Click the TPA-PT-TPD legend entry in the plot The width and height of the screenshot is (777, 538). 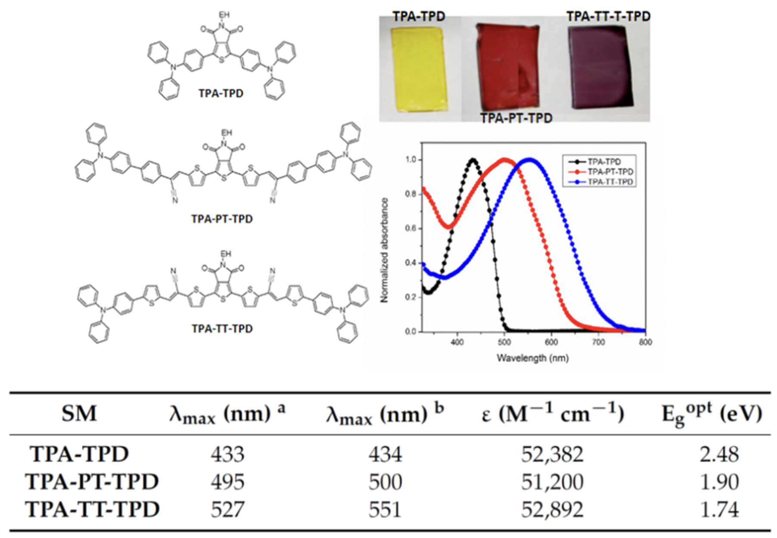(x=610, y=172)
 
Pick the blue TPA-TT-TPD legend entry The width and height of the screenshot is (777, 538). (x=610, y=182)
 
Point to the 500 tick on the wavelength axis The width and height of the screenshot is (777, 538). (x=504, y=342)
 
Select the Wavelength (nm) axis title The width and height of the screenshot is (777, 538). (x=532, y=358)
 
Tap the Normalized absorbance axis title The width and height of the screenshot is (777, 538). (x=385, y=250)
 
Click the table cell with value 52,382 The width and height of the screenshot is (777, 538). (x=552, y=454)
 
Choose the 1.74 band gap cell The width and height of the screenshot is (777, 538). (x=719, y=510)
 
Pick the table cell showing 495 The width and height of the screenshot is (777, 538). (x=227, y=482)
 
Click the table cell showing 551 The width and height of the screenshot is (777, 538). (x=385, y=510)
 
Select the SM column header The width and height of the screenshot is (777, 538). (x=79, y=414)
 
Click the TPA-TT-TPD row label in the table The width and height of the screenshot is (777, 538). (x=92, y=510)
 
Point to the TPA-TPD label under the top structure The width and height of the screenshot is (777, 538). (x=221, y=93)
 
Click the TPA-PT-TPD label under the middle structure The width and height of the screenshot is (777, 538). (x=222, y=219)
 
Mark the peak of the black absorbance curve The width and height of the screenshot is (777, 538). (x=473, y=160)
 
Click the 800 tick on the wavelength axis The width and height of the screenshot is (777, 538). (x=645, y=342)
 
